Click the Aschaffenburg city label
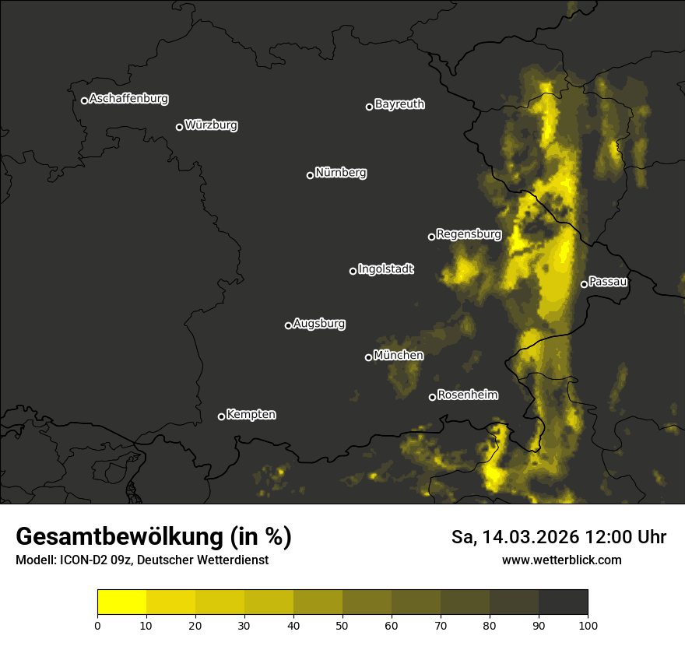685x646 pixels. point(128,99)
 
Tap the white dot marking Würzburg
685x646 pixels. point(179,127)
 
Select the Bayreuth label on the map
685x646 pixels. point(399,104)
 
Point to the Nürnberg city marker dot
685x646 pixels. point(310,175)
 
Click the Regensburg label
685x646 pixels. point(469,233)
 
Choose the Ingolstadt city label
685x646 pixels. point(386,269)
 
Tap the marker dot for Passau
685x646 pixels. point(584,284)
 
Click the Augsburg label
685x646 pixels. point(319,324)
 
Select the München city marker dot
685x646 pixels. point(368,357)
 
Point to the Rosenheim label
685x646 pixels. point(467,395)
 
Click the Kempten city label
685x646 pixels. point(251,415)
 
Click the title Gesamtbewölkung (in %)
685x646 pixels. point(153,537)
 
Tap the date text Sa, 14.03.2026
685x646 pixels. point(514,537)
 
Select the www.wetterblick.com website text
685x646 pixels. point(561,560)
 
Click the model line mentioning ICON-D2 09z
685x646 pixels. point(142,560)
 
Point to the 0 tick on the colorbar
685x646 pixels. point(97,624)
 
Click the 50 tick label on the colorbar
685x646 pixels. point(342,624)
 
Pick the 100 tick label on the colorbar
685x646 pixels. point(588,624)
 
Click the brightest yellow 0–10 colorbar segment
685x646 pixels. point(121,602)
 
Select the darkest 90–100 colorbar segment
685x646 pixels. point(563,602)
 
